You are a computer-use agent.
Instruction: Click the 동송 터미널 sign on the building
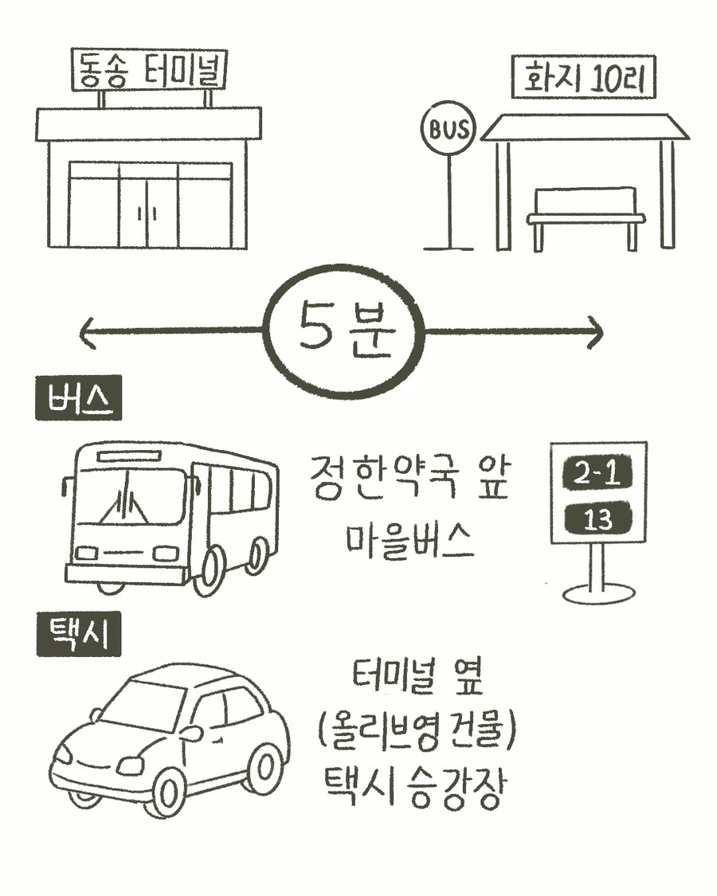coord(150,70)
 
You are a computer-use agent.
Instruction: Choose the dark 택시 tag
coord(78,637)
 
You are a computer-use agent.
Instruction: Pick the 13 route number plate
coord(597,519)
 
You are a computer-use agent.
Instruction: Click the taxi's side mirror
coord(194,731)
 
